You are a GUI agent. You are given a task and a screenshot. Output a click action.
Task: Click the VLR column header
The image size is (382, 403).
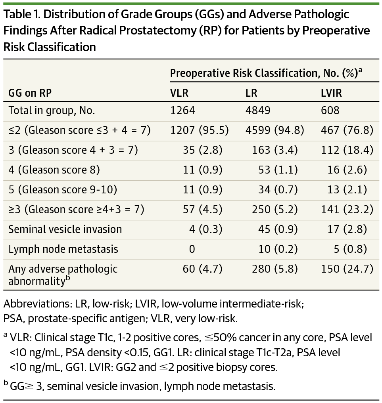[179, 93]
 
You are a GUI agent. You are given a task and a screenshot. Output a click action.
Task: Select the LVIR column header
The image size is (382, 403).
[332, 93]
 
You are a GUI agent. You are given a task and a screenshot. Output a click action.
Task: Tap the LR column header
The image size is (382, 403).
[251, 93]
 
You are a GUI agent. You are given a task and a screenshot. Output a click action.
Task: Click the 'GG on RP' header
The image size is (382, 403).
[30, 93]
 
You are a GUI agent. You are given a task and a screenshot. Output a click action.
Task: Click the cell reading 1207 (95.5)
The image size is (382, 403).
[200, 130]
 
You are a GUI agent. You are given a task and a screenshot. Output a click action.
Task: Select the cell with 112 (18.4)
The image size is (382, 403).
[347, 150]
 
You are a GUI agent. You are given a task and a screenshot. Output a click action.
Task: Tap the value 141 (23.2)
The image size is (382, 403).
[347, 210]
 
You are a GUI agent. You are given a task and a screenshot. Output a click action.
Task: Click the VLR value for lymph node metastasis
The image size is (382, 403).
[192, 249]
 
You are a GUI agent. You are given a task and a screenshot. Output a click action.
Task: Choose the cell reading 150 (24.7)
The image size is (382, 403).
[347, 269]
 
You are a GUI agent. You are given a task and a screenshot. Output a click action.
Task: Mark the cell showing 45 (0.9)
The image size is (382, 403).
[276, 229]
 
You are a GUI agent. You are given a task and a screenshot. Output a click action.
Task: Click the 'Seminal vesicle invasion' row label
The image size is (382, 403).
[65, 229]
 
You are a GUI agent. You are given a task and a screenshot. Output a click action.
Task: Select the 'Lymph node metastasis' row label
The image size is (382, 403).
[63, 249]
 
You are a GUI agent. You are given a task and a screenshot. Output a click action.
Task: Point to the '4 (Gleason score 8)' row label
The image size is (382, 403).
[54, 170]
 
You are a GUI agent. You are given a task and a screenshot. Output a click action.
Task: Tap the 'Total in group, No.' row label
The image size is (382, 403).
[52, 110]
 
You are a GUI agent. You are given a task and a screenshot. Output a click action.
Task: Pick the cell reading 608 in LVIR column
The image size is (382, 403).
[330, 110]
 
